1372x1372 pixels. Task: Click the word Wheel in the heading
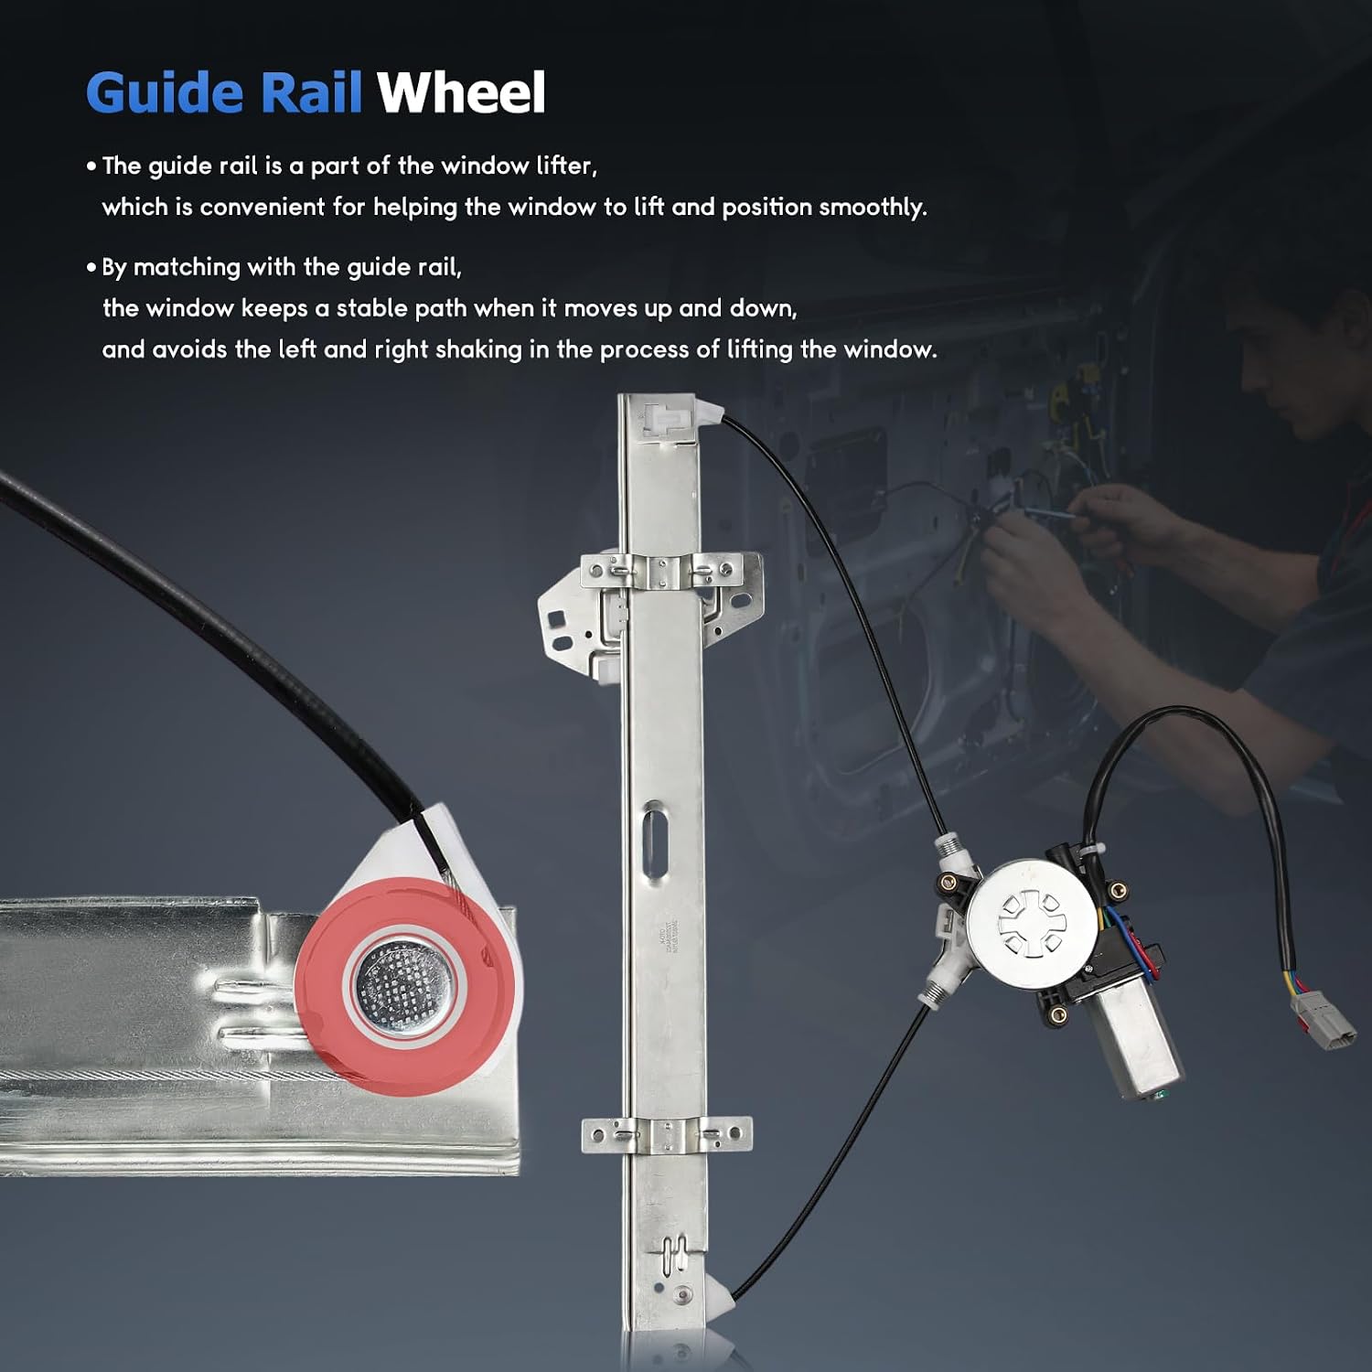click(x=461, y=92)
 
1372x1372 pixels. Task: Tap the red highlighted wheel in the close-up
click(x=405, y=983)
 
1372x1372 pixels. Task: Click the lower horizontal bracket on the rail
click(x=667, y=1135)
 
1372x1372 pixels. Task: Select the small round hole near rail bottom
click(x=681, y=1292)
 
